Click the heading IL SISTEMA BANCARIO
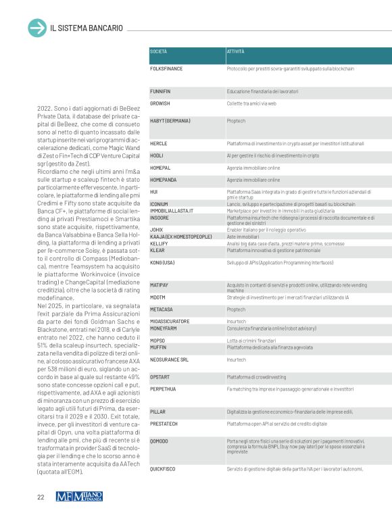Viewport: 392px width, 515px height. point(86,28)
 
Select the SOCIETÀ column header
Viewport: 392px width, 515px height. point(159,51)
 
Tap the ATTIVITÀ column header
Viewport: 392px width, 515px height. point(236,51)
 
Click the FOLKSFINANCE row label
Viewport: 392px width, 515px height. point(167,69)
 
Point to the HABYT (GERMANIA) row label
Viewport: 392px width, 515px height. point(170,120)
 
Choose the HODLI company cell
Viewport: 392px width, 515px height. point(157,155)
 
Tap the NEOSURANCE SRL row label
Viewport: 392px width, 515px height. point(169,360)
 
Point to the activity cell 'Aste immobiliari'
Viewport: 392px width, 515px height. point(241,236)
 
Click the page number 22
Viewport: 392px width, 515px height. point(41,497)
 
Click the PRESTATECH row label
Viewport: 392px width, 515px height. point(165,424)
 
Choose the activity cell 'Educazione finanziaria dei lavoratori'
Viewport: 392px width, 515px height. point(262,91)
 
